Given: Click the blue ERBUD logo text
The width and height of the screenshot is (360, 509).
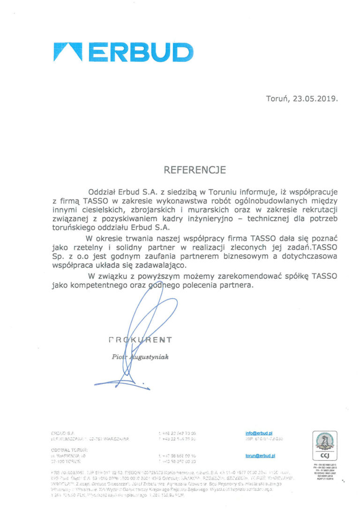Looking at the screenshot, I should click(139, 52).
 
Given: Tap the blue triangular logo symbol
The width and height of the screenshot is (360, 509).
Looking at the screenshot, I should click(68, 52).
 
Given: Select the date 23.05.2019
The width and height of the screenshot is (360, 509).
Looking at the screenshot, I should click(315, 99).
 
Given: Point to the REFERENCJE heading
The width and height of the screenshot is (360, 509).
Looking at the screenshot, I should click(195, 170).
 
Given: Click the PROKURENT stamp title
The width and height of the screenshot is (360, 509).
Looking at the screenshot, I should click(140, 339).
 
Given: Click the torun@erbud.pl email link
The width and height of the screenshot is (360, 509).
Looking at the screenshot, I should click(260, 455).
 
